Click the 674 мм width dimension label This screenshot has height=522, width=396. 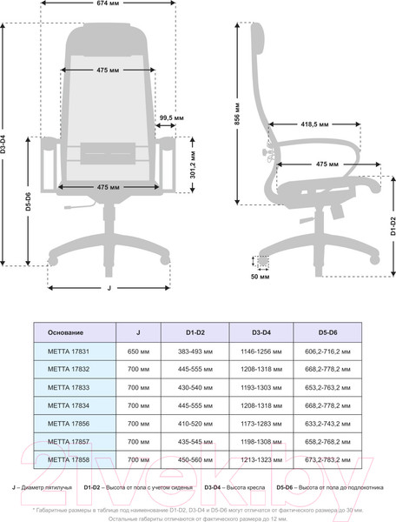point(109,4)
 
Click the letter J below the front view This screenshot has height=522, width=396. point(109,285)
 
